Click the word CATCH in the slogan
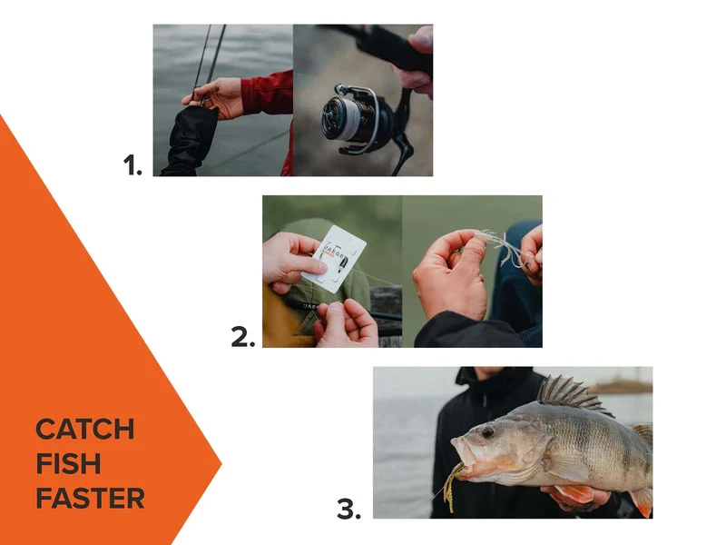(x=85, y=429)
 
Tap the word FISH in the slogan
(x=68, y=463)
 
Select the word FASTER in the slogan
(x=90, y=498)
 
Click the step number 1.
(x=132, y=164)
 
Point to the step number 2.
(x=242, y=338)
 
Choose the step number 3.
(x=348, y=510)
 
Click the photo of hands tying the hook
(x=472, y=271)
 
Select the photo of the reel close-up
(x=363, y=100)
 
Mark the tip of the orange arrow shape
(x=221, y=464)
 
